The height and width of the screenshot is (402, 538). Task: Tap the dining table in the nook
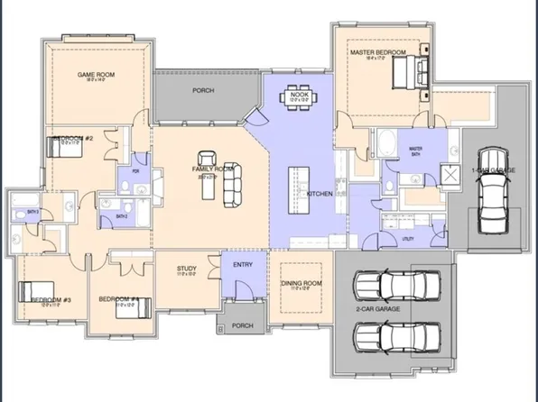click(297, 96)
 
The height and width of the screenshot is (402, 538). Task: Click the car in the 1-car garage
click(492, 199)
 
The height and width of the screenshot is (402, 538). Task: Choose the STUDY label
click(187, 268)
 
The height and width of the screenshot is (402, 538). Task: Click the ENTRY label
click(243, 264)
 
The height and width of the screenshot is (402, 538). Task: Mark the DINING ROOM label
click(301, 284)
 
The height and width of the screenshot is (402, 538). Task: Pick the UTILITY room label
click(407, 239)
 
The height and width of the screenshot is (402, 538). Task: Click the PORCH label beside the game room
click(203, 91)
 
